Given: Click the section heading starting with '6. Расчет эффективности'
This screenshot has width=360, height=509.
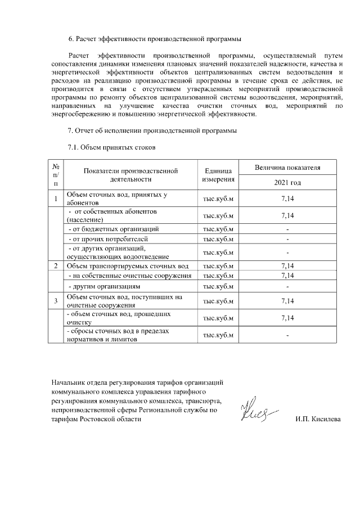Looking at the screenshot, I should click(155, 39).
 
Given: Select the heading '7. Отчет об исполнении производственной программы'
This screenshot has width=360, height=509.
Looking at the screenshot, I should click(156, 131).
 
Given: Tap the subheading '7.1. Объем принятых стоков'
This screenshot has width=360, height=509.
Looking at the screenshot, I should click(111, 147).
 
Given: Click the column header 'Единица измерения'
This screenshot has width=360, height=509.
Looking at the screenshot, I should click(217, 175).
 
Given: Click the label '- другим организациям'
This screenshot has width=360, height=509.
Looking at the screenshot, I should click(103, 286).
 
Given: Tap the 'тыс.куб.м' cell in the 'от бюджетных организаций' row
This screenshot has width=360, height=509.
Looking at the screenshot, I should click(217, 229).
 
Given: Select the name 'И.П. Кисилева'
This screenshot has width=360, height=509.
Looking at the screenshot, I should click(318, 420).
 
